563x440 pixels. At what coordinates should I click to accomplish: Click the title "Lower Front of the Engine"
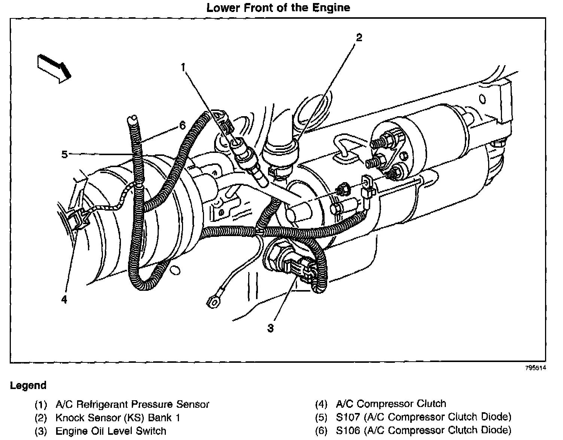click(278, 7)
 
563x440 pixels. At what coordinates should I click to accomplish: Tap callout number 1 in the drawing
click(183, 67)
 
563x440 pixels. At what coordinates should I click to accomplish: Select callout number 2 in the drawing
click(359, 37)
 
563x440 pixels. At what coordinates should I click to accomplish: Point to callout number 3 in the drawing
click(270, 328)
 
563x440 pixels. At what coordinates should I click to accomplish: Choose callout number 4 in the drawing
click(64, 299)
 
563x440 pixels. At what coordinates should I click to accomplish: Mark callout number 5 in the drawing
click(64, 154)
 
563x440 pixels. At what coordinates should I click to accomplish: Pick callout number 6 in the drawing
click(182, 125)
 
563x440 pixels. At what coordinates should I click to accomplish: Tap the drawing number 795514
click(536, 368)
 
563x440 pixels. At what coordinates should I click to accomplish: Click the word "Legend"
click(28, 385)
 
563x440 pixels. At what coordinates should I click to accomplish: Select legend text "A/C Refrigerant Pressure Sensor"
click(132, 404)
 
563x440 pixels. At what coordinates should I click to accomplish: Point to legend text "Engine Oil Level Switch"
click(111, 431)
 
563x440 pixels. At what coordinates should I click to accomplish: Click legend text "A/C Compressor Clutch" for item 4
click(391, 404)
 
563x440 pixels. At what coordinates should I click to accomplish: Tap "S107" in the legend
click(350, 417)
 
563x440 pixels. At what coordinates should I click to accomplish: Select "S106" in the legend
click(350, 430)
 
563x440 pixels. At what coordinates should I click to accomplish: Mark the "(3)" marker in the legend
click(41, 431)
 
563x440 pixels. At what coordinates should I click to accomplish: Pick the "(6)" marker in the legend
click(321, 430)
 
